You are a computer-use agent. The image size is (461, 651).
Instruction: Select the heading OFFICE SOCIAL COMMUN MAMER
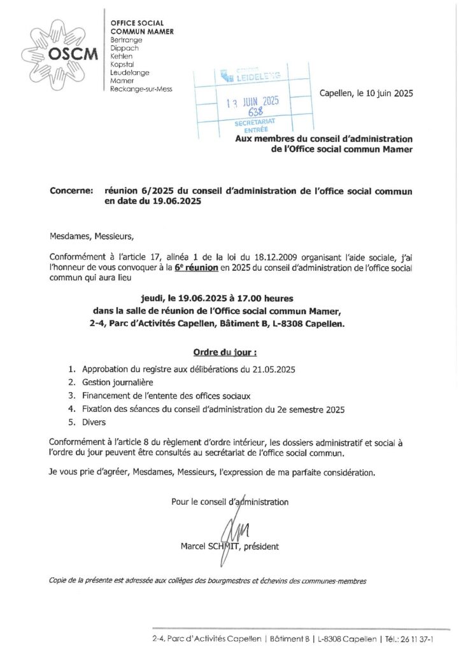tap(142, 27)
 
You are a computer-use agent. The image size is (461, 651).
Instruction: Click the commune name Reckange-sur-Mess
tap(141, 89)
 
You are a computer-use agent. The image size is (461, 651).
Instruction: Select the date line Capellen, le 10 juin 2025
tap(365, 93)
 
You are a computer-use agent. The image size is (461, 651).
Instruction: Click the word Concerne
tap(72, 191)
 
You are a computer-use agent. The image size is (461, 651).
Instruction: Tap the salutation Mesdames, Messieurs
tap(92, 237)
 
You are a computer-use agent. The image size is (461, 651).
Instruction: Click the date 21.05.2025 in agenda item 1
tap(274, 369)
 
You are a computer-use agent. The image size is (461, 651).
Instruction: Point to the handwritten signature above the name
tap(229, 527)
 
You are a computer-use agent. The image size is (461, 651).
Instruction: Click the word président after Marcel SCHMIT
tap(259, 546)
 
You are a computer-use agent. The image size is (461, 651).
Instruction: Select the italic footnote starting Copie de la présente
tap(208, 580)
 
